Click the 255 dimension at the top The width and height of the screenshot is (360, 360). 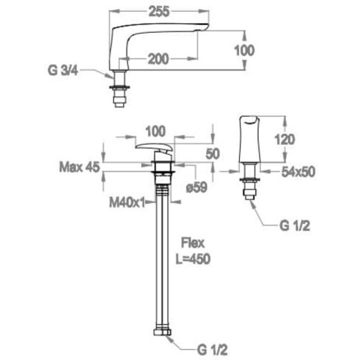pos(159,12)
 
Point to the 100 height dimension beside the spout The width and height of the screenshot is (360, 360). pos(244,50)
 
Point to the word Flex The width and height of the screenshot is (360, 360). pos(193,244)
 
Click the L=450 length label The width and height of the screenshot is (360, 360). pos(193,259)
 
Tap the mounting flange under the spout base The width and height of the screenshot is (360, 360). pos(119,86)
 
